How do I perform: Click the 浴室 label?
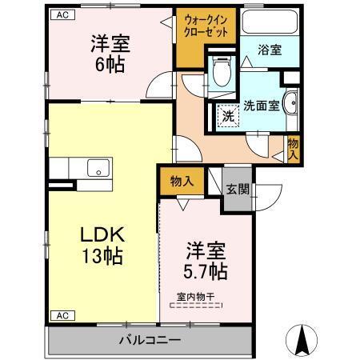[268, 50]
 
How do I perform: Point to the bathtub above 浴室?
[268, 22]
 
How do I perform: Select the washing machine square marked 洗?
[228, 115]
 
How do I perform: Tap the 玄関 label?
[236, 190]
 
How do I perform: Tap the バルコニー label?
[150, 340]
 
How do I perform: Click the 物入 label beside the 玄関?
[182, 181]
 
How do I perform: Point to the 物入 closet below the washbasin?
[294, 148]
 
